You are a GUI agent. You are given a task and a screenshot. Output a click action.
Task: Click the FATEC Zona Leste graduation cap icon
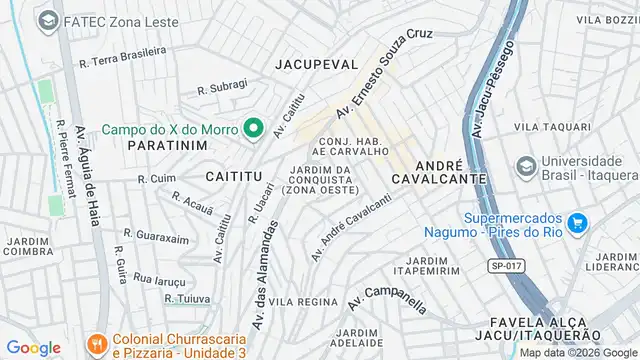point(47,19)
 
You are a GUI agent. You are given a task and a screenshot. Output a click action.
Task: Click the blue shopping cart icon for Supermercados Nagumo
point(575,222)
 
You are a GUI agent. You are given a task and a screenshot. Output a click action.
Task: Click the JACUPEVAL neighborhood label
point(316,63)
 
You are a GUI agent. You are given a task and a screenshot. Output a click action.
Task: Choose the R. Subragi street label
point(222,88)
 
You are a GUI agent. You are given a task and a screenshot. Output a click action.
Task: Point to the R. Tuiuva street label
point(188,298)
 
